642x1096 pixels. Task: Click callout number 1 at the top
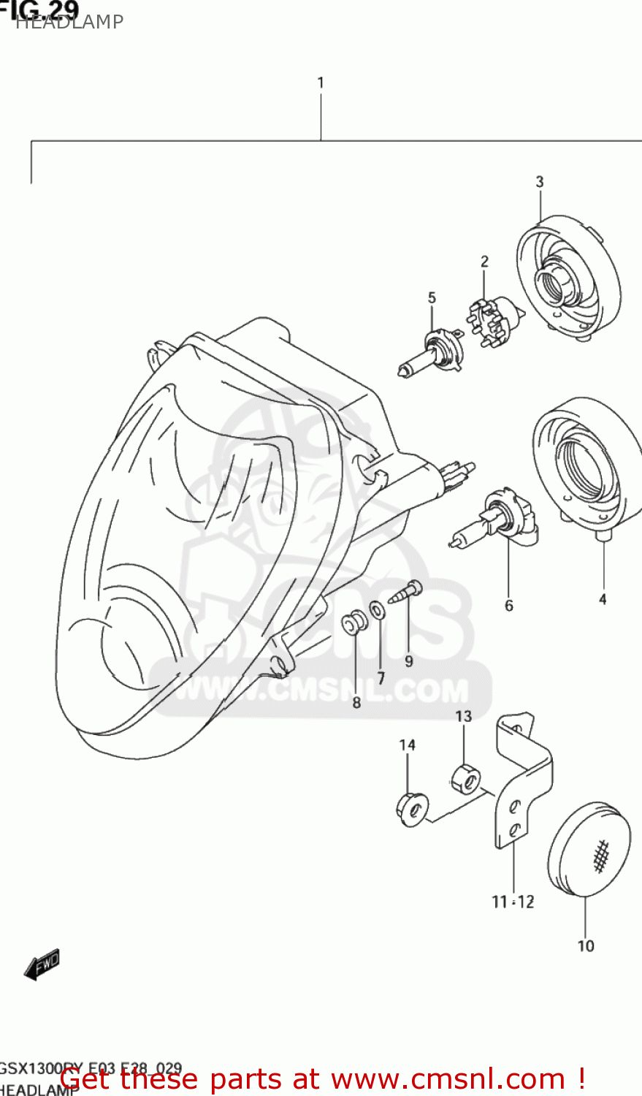(x=320, y=83)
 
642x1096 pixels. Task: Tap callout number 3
(x=540, y=182)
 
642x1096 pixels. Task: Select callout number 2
(x=484, y=262)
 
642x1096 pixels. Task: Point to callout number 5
(x=432, y=298)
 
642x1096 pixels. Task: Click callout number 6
(x=509, y=605)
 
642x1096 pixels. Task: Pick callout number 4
(x=603, y=600)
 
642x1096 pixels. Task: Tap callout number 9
(x=409, y=661)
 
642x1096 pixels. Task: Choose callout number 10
(x=586, y=946)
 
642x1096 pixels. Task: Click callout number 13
(x=464, y=717)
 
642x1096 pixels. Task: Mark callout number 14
(x=408, y=745)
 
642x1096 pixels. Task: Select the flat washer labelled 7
(x=378, y=609)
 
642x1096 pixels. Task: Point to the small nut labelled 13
(x=465, y=779)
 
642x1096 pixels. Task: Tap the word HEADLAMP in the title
(x=69, y=23)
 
